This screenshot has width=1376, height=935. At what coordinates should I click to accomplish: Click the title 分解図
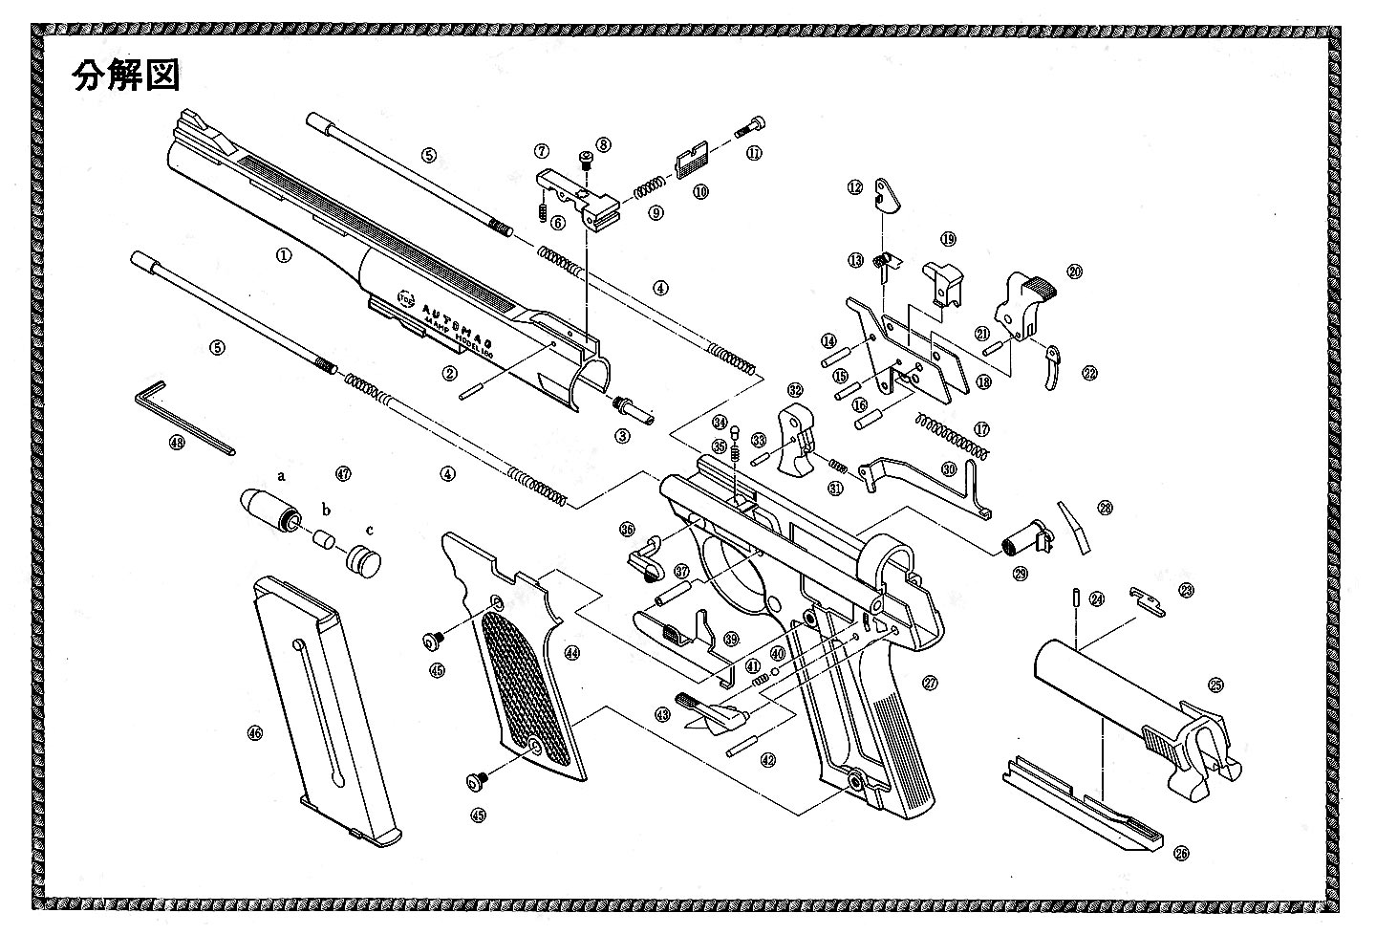point(126,76)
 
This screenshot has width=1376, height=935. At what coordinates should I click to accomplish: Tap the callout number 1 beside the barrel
point(283,255)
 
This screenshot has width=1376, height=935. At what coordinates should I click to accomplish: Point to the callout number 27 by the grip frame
point(929,683)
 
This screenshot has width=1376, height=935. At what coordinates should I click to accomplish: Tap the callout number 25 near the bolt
point(1215,685)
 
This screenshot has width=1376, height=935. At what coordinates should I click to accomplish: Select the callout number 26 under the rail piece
point(1182,853)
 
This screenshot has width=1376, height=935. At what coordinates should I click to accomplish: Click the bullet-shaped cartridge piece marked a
point(265,507)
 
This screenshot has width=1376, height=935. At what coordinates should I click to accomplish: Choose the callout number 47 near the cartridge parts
point(344,473)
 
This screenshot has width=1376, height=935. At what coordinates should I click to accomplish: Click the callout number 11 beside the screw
point(754,153)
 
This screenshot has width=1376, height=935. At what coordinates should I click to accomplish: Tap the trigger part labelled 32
point(801,440)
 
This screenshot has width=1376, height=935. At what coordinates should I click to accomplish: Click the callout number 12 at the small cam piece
point(854,188)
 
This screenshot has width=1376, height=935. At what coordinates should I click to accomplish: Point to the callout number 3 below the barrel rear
point(623,436)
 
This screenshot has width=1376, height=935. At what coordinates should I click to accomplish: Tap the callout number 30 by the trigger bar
point(948,468)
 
